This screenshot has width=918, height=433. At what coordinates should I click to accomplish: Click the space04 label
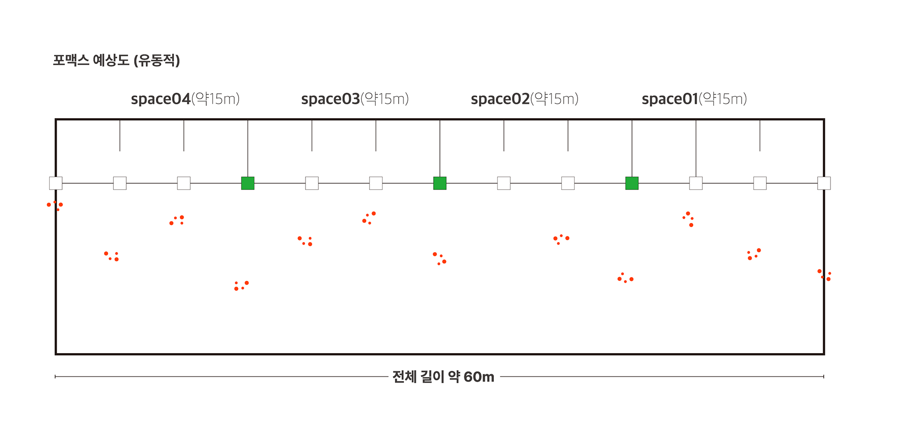point(161,99)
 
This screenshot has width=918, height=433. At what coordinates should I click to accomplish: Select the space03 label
point(330,99)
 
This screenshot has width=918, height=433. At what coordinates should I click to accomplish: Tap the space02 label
point(500,99)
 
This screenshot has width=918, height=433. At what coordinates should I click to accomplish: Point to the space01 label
point(670,99)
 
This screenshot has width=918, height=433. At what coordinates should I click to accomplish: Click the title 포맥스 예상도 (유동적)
point(116,60)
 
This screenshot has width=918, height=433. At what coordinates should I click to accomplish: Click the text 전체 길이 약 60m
point(443,377)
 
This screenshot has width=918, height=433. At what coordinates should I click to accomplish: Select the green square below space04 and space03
point(248,183)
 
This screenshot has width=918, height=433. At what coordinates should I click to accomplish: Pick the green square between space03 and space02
point(440,183)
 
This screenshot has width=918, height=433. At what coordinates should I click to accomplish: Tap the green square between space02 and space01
point(632,183)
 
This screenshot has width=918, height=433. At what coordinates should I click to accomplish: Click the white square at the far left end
point(55,183)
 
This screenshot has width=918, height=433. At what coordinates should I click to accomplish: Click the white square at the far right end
point(824,183)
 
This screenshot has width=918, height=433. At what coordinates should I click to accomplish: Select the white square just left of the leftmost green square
point(184,183)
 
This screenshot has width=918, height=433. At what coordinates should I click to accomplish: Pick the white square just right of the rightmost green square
point(696,183)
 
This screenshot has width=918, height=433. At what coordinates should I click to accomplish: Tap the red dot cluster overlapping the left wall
point(55,206)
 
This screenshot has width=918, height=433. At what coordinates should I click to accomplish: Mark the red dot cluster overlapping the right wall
point(825,275)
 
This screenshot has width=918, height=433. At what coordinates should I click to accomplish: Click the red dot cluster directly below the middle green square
point(439,259)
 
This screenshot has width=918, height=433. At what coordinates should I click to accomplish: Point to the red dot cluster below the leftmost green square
point(241,286)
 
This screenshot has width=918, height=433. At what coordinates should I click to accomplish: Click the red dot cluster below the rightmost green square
point(625,278)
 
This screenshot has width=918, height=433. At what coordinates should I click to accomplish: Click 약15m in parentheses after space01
point(722,99)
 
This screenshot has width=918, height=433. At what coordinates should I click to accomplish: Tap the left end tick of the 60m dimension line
point(55,377)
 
